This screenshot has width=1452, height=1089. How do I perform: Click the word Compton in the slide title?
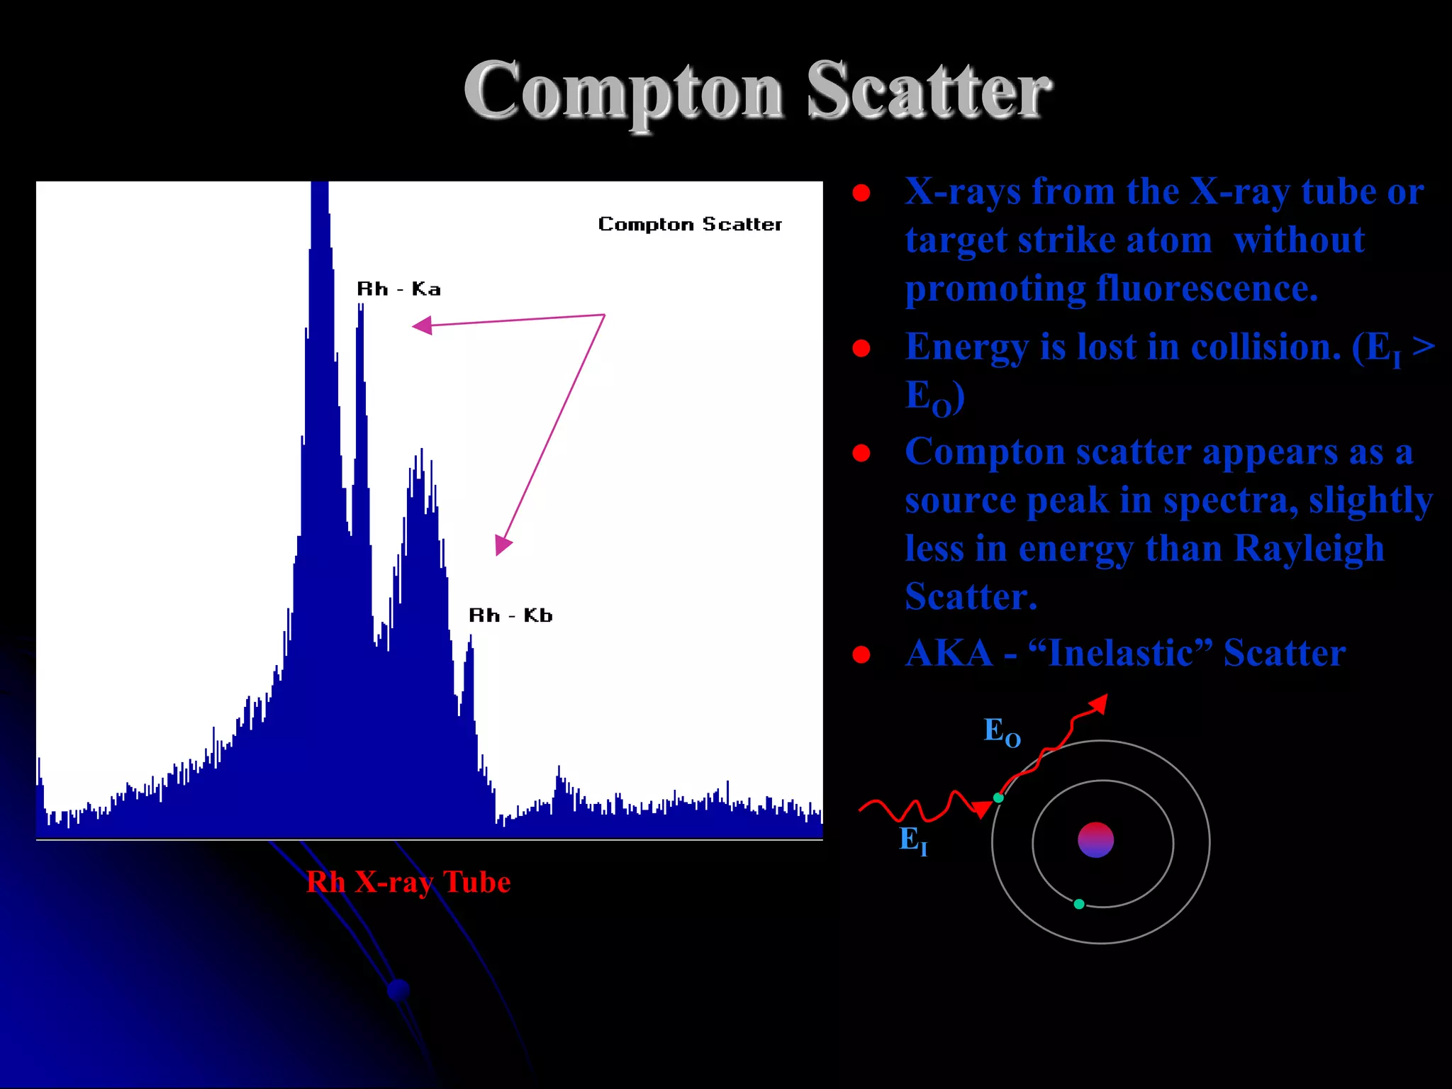click(x=624, y=92)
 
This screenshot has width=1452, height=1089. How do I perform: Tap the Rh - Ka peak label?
click(x=398, y=289)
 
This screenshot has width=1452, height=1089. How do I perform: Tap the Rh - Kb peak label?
click(x=510, y=615)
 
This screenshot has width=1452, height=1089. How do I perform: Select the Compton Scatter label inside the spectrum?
click(x=690, y=224)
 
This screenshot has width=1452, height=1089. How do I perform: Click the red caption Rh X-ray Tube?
click(x=408, y=882)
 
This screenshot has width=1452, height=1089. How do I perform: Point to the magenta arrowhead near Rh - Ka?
click(x=423, y=325)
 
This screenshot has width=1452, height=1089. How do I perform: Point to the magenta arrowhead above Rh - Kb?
click(x=502, y=544)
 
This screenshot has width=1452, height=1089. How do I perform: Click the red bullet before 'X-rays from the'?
click(x=861, y=193)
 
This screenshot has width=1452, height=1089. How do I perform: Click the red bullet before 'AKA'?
click(x=861, y=654)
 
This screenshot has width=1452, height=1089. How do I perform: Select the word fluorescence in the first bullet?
click(x=1207, y=288)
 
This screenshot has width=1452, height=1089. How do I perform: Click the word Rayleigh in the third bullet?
click(x=1309, y=548)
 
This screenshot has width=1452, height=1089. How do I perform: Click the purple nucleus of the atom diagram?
click(x=1095, y=840)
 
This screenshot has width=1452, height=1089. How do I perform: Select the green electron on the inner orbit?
click(x=1079, y=904)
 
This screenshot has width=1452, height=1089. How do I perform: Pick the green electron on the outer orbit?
click(x=998, y=798)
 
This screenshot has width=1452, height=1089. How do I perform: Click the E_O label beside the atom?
click(x=1001, y=732)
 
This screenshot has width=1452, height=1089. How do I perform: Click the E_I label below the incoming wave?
click(x=913, y=841)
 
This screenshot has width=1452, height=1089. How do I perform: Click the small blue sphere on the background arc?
click(x=399, y=990)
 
